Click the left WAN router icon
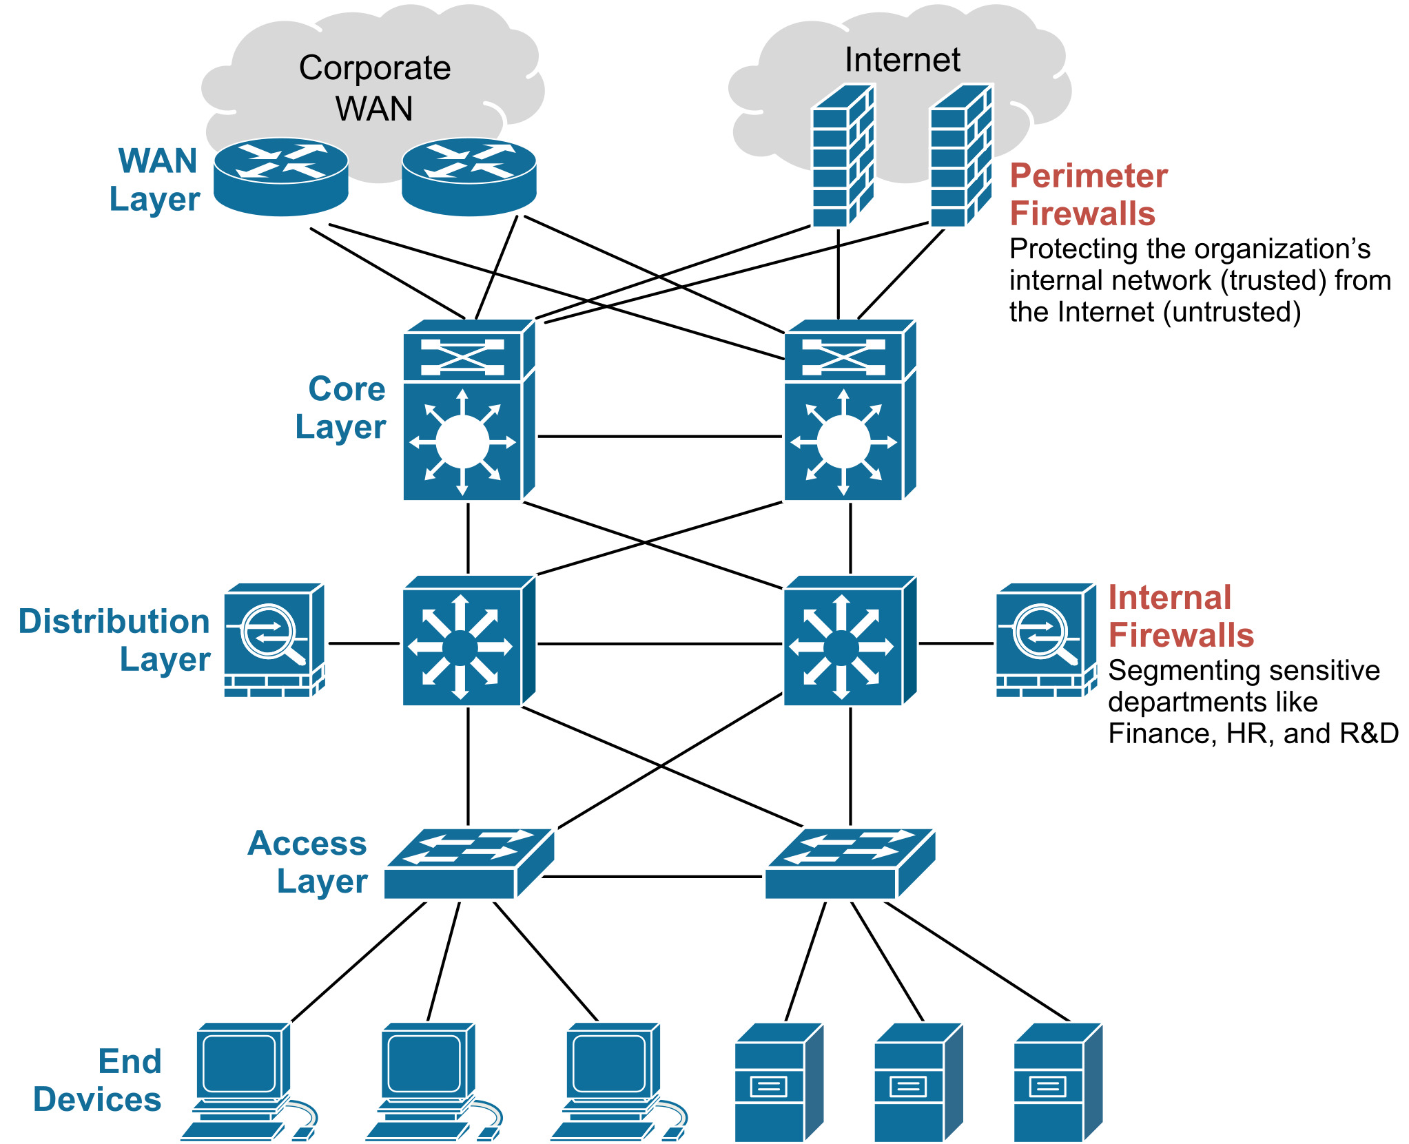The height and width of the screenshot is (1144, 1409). pyautogui.click(x=280, y=176)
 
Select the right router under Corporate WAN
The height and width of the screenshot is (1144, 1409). pyautogui.click(x=469, y=176)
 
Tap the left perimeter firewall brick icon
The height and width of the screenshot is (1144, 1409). pyautogui.click(x=842, y=156)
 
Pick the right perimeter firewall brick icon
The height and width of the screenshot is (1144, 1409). pyautogui.click(x=960, y=156)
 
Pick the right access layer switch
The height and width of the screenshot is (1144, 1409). pyautogui.click(x=850, y=864)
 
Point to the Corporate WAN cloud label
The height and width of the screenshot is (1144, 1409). pyautogui.click(x=374, y=88)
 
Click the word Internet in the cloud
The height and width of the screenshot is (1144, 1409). pyautogui.click(x=902, y=60)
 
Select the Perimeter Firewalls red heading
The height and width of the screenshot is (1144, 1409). pyautogui.click(x=1088, y=194)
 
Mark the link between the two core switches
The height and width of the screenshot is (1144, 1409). pyautogui.click(x=659, y=436)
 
